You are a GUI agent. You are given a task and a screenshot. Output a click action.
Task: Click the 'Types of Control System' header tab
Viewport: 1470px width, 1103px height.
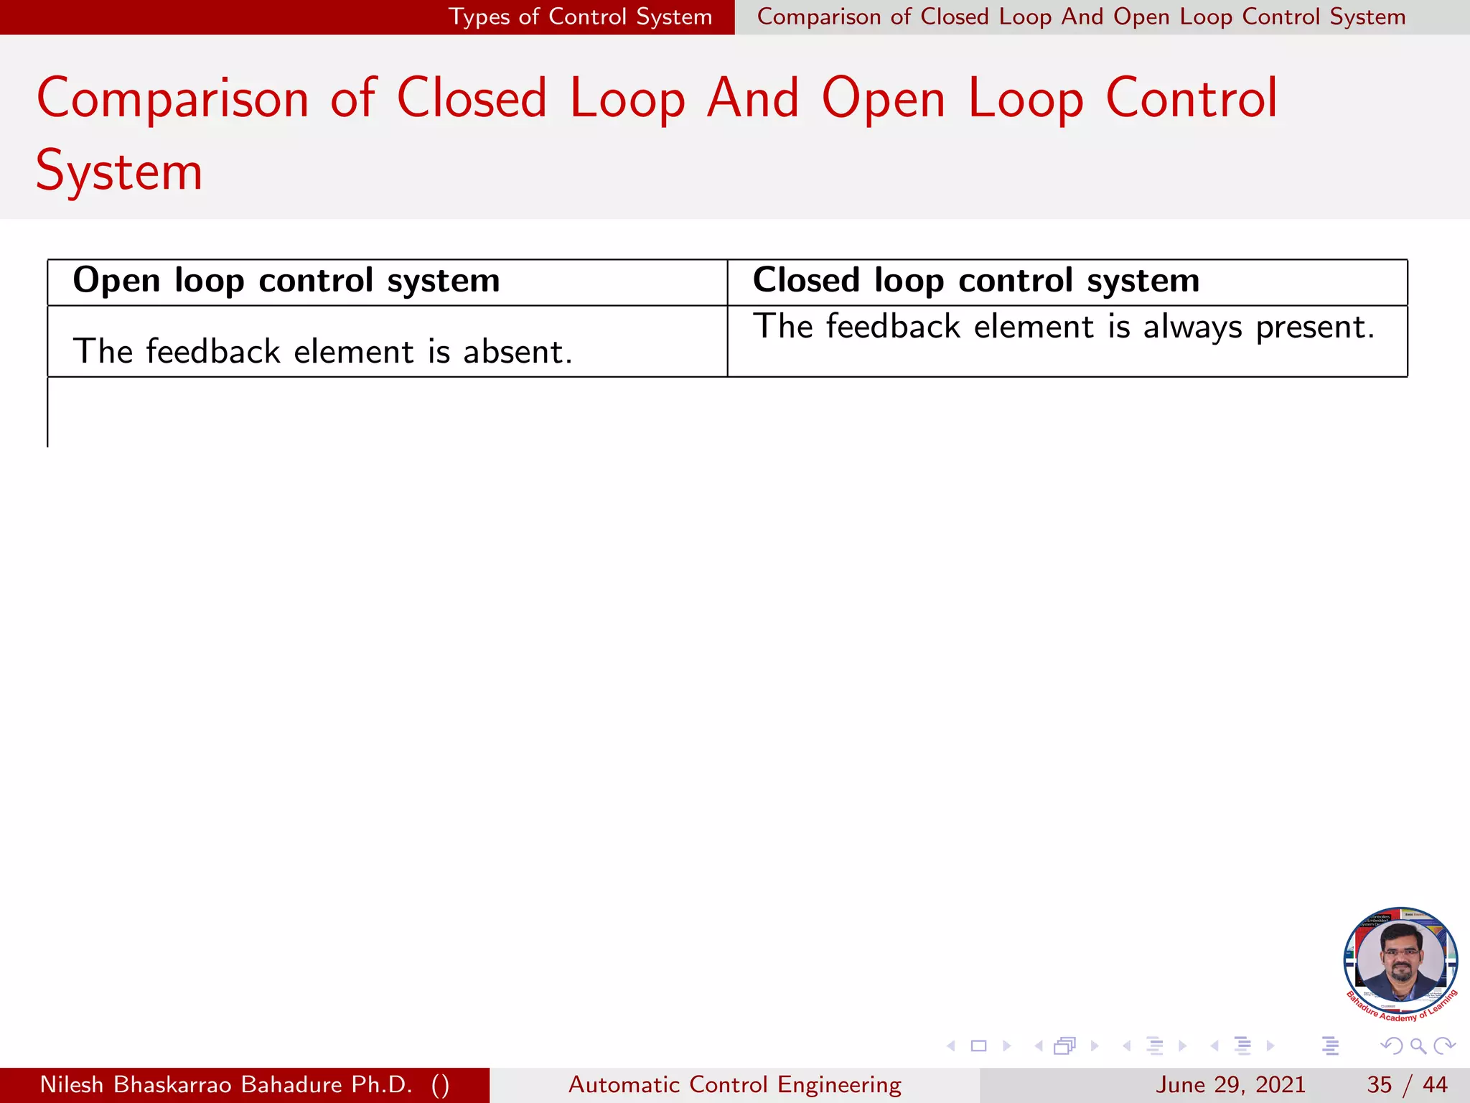[580, 17]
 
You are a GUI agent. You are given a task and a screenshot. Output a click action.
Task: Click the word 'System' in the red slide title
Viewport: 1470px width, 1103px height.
[119, 172]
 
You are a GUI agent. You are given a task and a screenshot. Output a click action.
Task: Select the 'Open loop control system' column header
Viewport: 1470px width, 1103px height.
[286, 281]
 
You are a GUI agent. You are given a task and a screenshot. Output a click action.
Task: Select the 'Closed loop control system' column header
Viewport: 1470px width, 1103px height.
[975, 281]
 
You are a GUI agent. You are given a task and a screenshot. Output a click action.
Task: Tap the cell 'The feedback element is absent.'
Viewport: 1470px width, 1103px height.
[322, 352]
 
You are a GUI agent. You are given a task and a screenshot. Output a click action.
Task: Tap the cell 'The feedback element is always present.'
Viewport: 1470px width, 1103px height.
[1063, 327]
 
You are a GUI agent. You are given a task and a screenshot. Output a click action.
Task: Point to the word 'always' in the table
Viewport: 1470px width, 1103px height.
[1192, 327]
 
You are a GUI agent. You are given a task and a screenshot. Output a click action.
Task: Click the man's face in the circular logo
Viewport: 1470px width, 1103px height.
[1400, 955]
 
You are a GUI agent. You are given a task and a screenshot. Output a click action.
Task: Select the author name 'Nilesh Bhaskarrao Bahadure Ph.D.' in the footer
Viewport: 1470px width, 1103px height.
[226, 1084]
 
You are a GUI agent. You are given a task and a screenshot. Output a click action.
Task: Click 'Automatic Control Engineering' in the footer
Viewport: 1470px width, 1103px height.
[734, 1084]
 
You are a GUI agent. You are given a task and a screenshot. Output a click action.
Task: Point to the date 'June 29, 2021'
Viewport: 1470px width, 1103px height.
[1230, 1084]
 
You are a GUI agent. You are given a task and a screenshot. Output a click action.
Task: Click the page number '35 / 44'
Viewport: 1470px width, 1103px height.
[1407, 1084]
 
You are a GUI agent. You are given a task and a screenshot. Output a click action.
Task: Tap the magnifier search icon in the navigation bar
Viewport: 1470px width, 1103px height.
[1418, 1046]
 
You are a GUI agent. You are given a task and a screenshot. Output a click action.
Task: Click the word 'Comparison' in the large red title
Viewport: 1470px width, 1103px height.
[172, 98]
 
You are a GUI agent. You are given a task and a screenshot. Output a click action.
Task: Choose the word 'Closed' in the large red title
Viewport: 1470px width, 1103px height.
[472, 98]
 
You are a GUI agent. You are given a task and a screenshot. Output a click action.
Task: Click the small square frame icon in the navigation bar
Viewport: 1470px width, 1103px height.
[978, 1046]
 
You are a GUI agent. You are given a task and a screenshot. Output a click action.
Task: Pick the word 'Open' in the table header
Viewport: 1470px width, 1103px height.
[116, 281]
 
